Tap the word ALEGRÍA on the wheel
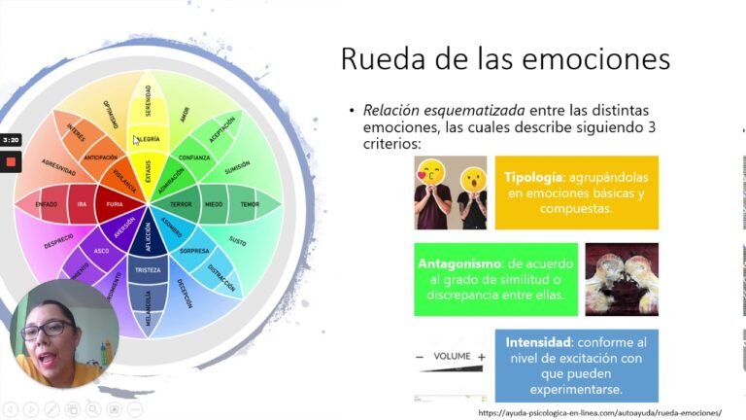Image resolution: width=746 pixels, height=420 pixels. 148,139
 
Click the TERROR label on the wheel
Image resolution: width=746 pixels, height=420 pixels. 180,204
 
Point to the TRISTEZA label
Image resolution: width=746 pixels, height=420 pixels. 148,269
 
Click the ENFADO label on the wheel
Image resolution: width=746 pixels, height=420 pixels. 46,204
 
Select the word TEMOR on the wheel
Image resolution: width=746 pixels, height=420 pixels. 250,204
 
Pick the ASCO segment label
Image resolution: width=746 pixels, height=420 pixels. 101,250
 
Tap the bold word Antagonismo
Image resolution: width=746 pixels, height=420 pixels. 459,262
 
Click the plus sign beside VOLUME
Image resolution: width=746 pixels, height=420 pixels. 482,357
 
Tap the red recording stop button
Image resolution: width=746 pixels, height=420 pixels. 11,161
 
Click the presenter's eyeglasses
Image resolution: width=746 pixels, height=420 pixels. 48,329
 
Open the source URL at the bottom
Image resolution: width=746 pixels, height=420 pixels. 599,412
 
